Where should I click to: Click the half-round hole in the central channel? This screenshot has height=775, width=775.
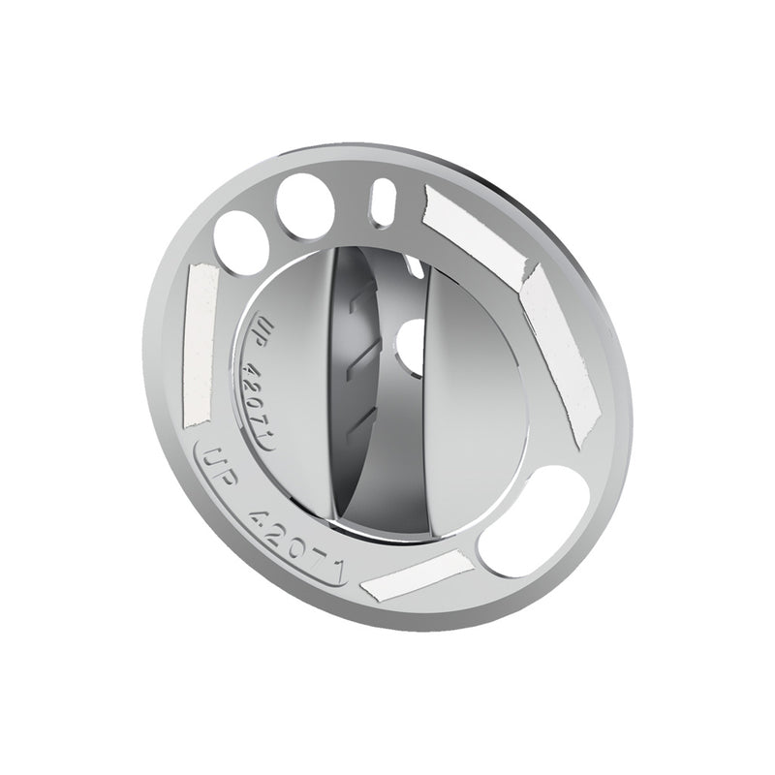(x=413, y=345)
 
